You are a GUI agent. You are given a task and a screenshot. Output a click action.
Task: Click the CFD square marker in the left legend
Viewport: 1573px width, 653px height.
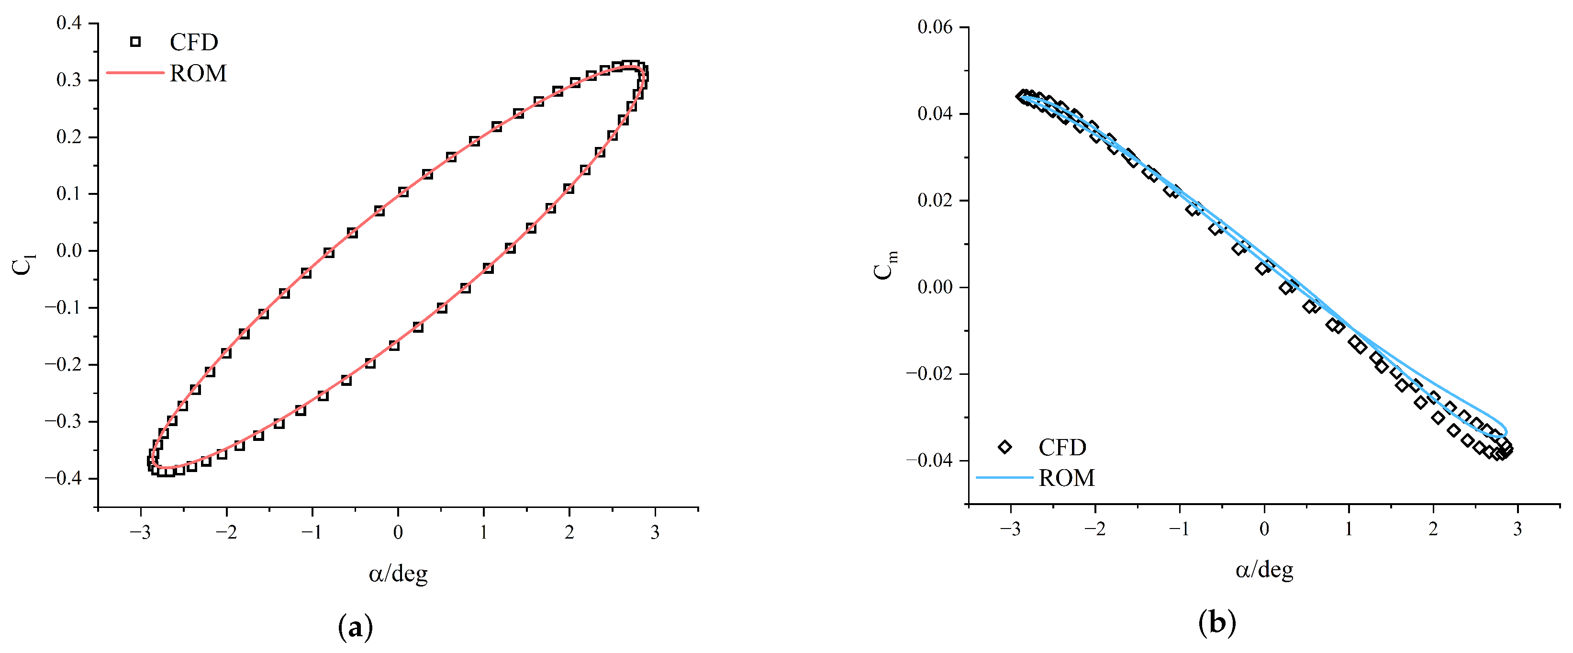point(135,42)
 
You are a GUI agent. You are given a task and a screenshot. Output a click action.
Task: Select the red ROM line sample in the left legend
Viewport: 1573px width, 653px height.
point(135,73)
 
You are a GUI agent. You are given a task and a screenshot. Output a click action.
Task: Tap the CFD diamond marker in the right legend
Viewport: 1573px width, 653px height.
point(1004,447)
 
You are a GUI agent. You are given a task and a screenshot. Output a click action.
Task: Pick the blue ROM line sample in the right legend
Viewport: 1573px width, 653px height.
point(1004,477)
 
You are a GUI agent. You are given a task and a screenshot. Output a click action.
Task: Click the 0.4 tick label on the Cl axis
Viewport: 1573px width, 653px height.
point(69,23)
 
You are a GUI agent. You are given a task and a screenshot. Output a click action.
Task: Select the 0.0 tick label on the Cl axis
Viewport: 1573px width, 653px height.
point(69,250)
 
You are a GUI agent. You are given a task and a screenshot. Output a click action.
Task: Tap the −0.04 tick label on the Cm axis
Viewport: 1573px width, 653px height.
point(929,460)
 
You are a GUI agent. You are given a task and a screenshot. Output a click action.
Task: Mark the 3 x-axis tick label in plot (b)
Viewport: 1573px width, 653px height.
point(1517,529)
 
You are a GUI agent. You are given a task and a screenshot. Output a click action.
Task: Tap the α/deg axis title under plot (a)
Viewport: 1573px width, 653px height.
point(398,574)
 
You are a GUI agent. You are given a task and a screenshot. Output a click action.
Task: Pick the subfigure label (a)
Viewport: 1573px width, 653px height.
point(356,627)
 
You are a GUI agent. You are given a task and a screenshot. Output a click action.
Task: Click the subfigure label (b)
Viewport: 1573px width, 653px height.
point(1217,623)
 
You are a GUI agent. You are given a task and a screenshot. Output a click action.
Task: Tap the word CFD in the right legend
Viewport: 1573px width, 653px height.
point(1062,447)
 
